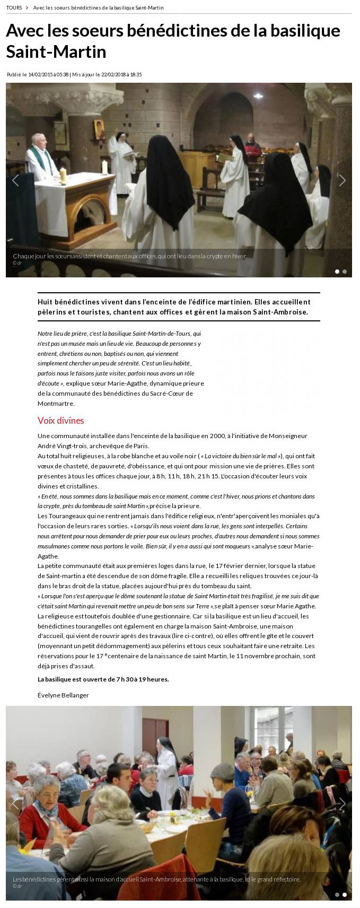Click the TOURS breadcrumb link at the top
click(14, 8)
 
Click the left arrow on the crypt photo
click(15, 180)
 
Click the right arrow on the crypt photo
click(343, 180)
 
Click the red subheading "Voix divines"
click(60, 421)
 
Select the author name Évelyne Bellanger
click(63, 695)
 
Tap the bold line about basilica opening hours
click(103, 679)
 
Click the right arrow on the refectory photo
click(343, 804)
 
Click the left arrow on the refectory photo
click(15, 804)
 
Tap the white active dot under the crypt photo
click(337, 272)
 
